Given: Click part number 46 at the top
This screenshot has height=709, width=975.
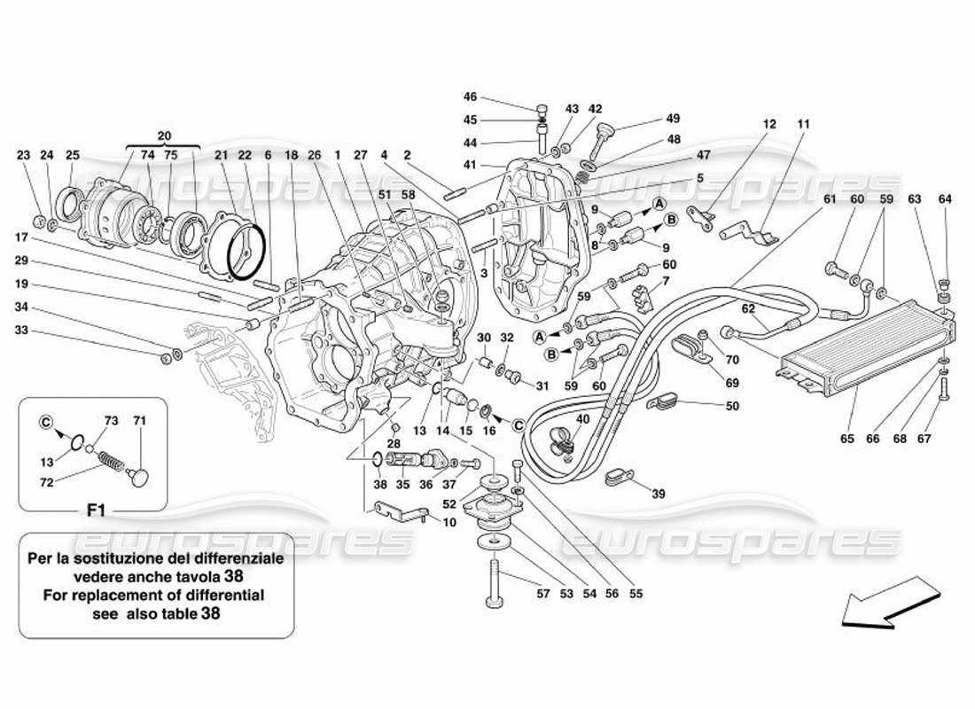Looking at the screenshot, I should pos(470,97).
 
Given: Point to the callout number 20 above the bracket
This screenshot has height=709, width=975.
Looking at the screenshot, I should pos(163,136).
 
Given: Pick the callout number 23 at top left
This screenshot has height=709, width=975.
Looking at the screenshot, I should pos(24,155).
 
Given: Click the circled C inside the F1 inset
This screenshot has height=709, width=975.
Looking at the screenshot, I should pos(45,423).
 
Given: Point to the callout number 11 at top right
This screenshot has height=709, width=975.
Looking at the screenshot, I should pos(804,125).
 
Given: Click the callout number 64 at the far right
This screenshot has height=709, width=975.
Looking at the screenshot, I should pos(945,199).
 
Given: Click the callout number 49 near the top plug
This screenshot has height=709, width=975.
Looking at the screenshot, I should pos(673,118).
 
